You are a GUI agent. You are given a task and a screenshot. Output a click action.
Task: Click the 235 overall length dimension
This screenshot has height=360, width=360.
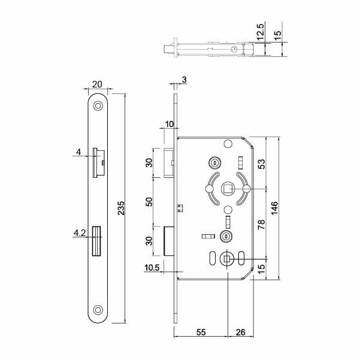121,208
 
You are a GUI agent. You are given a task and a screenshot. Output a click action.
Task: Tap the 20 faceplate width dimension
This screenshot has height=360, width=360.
97,84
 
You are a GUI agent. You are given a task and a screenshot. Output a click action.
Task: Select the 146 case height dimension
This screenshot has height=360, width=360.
274,208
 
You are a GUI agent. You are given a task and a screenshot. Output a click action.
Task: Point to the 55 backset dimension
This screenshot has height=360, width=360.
201,332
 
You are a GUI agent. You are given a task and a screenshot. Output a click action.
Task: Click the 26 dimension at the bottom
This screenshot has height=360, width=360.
240,332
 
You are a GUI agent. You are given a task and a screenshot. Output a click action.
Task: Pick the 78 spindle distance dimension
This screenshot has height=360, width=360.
261,224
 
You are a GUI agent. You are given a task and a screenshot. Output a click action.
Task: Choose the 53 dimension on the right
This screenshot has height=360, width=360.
261,164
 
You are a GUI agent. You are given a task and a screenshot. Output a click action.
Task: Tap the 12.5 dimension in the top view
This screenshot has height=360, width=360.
261,32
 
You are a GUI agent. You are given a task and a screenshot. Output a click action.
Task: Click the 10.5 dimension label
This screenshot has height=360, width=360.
152,268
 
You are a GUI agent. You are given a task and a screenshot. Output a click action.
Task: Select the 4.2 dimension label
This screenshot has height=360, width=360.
80,233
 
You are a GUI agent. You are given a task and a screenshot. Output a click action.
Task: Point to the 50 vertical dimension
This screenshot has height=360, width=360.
149,202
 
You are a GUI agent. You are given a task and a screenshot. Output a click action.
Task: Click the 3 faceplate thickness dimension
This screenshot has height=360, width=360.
184,80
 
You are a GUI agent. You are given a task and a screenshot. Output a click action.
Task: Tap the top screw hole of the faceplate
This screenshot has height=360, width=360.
98,106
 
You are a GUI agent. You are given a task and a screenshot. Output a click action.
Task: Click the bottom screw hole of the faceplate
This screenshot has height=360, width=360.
98,310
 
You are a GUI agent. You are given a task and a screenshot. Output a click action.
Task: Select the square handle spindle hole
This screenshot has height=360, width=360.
227,189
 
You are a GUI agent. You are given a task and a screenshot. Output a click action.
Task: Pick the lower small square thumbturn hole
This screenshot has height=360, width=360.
226,259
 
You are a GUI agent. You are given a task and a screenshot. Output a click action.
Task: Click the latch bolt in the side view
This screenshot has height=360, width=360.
168,163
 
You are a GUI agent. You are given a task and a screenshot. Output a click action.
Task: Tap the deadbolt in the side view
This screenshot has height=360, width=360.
169,241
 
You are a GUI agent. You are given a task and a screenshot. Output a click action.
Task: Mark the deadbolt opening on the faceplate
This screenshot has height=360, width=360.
96,241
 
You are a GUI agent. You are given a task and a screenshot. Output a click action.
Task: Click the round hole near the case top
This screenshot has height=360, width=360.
228,144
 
